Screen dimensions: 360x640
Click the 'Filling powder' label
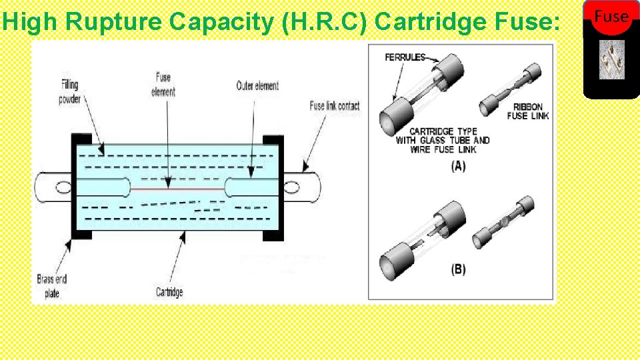[70, 92]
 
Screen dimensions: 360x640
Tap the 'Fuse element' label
[163, 85]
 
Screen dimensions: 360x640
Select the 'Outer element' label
[257, 86]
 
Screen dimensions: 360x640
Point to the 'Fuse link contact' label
[335, 106]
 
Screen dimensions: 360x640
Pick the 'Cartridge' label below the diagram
[169, 292]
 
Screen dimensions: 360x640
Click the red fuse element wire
[177, 189]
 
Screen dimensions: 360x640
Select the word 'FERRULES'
[405, 58]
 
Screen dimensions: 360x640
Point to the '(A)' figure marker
[458, 166]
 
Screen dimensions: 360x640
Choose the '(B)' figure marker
[458, 269]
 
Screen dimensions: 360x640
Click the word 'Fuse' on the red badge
[611, 17]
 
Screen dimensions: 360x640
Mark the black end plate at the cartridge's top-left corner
[81, 140]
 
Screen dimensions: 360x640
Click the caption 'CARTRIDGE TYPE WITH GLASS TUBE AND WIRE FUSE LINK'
[443, 140]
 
